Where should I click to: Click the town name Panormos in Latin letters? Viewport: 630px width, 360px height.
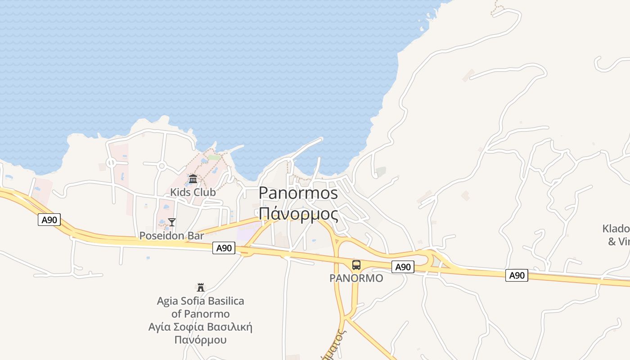298,193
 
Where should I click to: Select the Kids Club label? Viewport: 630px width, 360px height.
193,192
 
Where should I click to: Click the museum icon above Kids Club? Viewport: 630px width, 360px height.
193,179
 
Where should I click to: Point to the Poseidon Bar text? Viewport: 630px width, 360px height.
171,235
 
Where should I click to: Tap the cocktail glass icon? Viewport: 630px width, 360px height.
171,222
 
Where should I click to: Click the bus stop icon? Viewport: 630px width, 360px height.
356,265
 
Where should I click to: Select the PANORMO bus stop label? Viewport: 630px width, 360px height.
356,278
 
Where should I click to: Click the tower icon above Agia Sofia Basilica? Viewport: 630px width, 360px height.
201,287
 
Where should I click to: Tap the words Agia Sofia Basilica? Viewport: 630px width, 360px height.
200,301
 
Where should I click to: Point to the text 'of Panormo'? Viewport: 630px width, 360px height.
200,314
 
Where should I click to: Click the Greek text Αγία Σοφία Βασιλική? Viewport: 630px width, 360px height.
200,327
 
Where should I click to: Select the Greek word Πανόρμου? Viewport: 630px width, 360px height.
200,340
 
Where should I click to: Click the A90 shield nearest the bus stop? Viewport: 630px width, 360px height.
403,267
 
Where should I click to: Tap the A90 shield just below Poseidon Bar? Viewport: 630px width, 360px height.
224,248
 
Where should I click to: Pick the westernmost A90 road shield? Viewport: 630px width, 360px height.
49,220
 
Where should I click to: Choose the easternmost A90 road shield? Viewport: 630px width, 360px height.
517,275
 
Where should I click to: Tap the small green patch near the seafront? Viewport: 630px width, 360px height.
214,157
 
